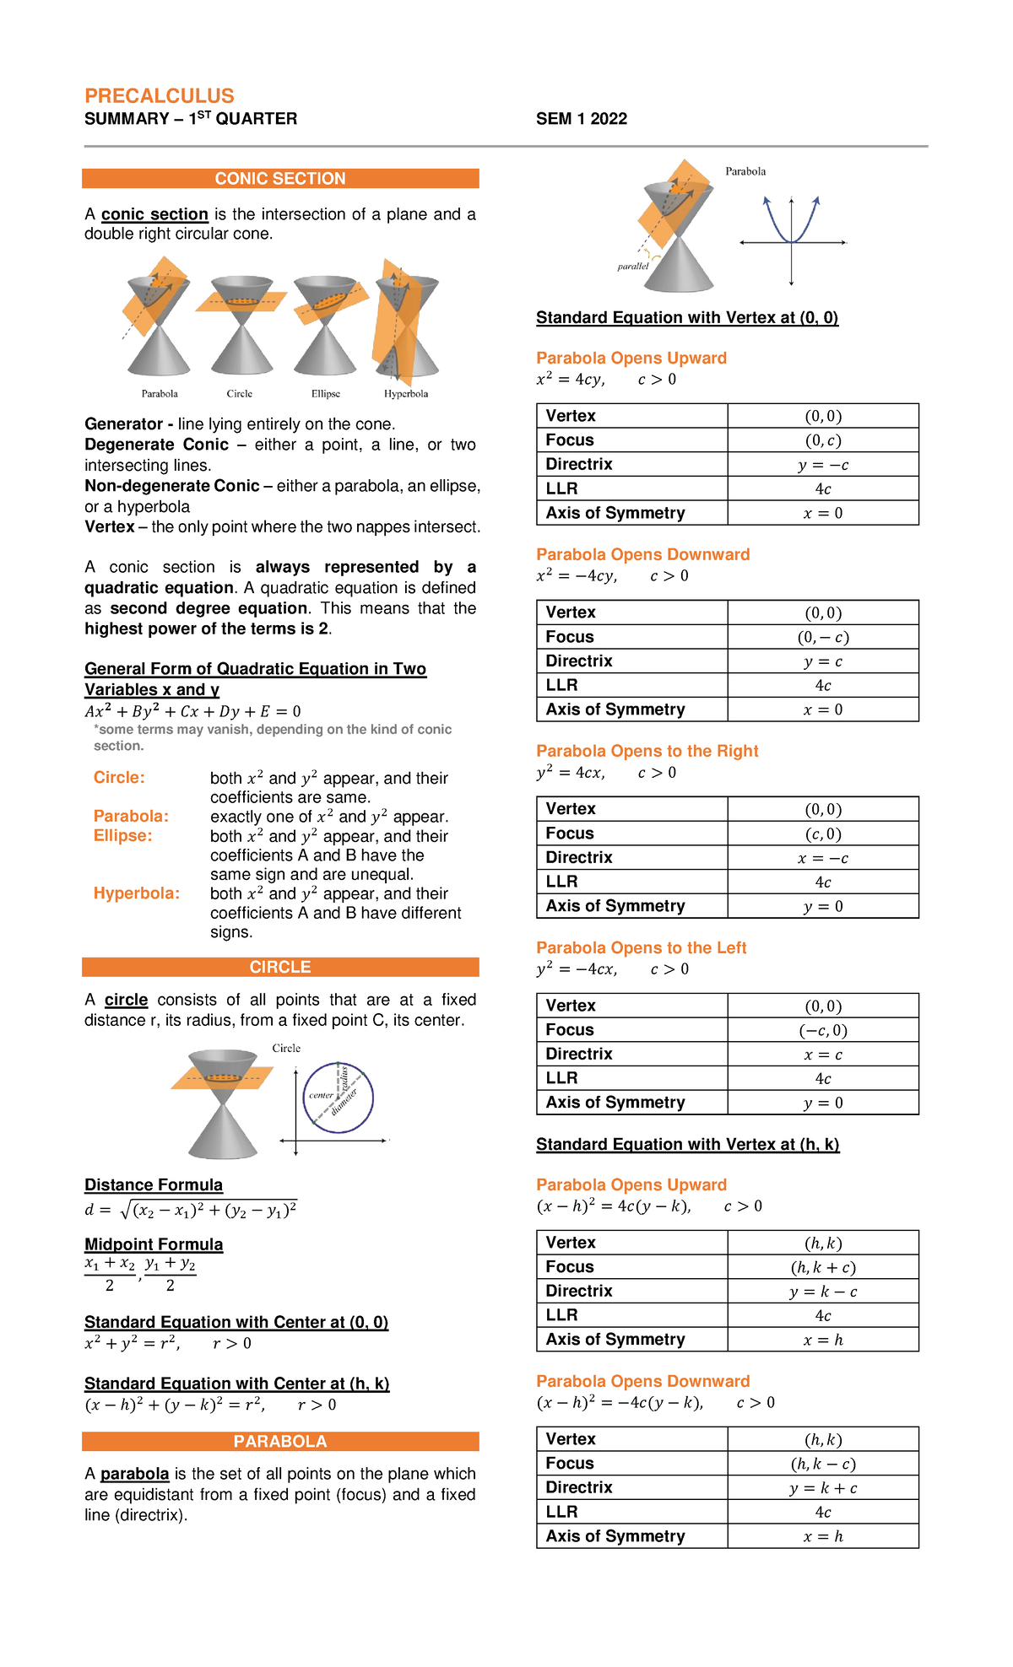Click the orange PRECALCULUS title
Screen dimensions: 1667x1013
(x=160, y=96)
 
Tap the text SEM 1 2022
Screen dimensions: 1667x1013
(x=582, y=119)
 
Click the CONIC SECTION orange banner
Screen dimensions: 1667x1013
(x=280, y=179)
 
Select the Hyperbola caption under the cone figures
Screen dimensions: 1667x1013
(x=406, y=394)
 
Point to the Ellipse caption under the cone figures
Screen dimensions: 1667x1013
(x=326, y=394)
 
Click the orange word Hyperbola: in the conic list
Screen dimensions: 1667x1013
(x=137, y=893)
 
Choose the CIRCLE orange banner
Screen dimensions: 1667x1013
(x=280, y=967)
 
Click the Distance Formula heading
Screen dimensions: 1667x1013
(x=154, y=1185)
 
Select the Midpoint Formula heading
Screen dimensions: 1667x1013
(x=154, y=1244)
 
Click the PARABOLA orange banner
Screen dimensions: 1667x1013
(x=280, y=1442)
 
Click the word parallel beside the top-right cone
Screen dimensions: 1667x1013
(x=633, y=267)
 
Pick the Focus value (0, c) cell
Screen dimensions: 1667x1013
(x=823, y=440)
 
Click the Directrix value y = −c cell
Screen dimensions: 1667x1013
(x=823, y=465)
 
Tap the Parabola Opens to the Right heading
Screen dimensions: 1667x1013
(x=647, y=751)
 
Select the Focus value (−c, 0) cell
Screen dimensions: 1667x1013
(x=823, y=1030)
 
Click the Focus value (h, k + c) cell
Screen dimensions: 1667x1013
(x=823, y=1267)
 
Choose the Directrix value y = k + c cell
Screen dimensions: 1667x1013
(x=823, y=1488)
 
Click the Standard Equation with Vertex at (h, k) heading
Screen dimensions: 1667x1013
(x=688, y=1145)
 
